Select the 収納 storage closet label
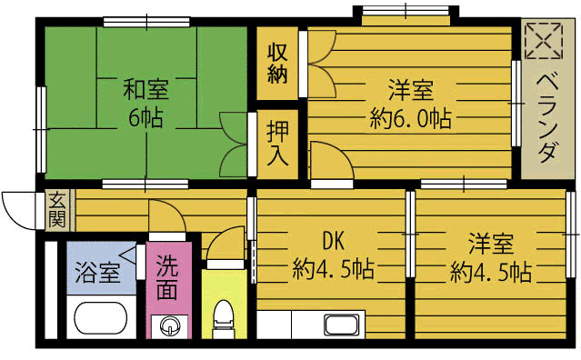pos(277,62)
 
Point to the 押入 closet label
pos(277,144)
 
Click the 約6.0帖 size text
pos(411,118)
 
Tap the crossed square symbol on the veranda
pos(544,40)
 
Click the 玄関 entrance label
pos(56,209)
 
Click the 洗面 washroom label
pos(167,278)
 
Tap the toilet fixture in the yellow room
pos(221,318)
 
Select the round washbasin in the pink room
pos(169,325)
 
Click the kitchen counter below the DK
pos(310,325)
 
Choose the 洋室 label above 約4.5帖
pos(491,243)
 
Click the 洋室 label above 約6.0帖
pos(411,90)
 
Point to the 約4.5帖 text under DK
pos(334,269)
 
